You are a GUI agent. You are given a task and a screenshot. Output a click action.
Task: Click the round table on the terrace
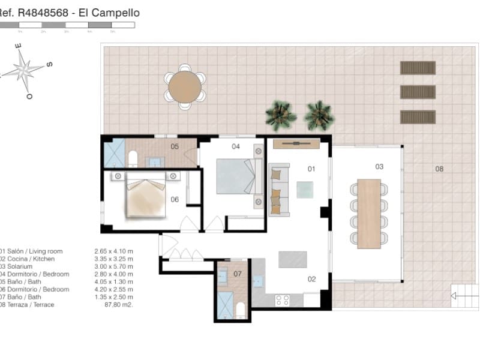click(185, 87)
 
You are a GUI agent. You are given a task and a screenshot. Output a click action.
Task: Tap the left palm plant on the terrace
click(280, 115)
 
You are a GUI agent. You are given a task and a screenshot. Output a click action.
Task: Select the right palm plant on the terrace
click(319, 115)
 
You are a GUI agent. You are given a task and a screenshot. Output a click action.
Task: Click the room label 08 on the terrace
click(439, 169)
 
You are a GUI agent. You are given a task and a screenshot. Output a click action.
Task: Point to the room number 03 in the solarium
click(379, 166)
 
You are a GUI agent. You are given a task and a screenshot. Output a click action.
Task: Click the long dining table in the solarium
click(369, 213)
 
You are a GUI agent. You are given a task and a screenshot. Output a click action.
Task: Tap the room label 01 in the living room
click(311, 169)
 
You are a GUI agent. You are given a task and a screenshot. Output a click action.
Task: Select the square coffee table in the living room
click(304, 190)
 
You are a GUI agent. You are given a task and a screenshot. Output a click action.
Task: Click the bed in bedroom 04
click(236, 175)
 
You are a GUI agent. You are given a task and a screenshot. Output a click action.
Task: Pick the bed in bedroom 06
click(145, 197)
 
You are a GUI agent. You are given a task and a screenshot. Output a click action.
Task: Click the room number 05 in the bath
click(175, 146)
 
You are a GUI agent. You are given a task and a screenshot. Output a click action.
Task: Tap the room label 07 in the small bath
click(237, 274)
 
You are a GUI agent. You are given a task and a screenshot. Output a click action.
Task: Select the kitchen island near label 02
click(292, 259)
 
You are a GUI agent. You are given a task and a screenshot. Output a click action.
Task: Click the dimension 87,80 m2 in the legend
click(119, 305)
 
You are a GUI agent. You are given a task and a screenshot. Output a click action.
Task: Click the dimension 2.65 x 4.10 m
click(114, 251)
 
